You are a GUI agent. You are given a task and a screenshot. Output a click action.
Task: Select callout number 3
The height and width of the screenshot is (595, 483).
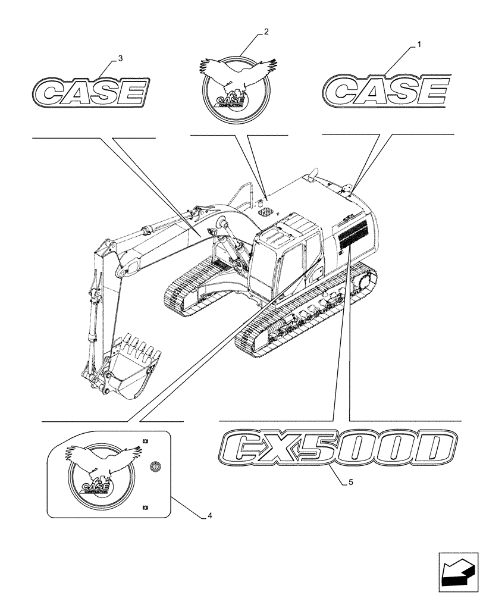[121, 58]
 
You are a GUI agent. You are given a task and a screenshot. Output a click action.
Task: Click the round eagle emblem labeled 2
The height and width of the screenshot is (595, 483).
[235, 89]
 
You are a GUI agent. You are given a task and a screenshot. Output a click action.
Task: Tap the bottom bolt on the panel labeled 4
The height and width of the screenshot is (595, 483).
[146, 507]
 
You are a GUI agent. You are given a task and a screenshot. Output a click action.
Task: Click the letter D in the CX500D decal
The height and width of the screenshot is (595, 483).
[437, 450]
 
